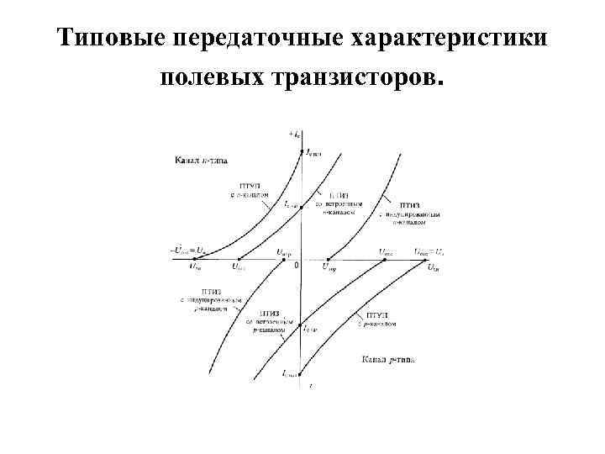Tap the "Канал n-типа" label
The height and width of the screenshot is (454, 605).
click(x=200, y=159)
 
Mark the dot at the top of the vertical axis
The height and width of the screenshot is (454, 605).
click(x=300, y=151)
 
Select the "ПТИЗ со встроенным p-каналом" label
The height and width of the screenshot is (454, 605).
click(x=268, y=320)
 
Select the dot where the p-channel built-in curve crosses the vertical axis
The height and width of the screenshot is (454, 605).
click(x=300, y=322)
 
